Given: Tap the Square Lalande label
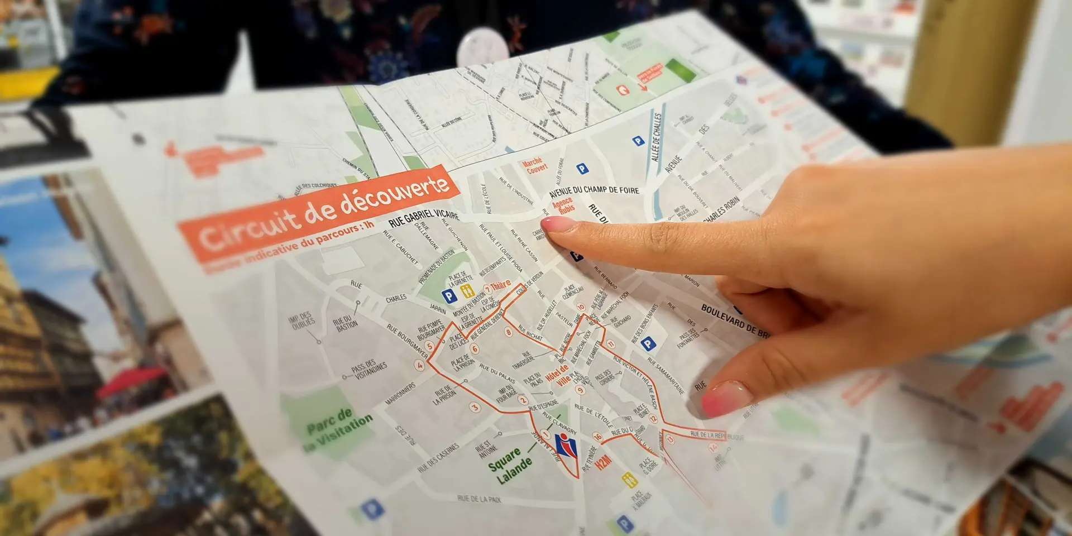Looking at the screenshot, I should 510,466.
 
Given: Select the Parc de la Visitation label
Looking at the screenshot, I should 337,429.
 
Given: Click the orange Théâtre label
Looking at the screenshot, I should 500,285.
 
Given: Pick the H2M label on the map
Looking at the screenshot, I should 603,462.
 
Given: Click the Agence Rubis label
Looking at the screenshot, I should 563,205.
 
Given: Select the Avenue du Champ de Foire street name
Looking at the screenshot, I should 594,190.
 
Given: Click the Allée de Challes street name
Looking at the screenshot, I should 656,137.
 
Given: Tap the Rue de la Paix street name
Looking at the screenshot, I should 479,499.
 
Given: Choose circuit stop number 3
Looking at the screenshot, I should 475,407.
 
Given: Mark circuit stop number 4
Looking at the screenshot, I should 419,365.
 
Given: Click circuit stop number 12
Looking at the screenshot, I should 653,419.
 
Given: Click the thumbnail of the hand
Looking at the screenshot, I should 726,397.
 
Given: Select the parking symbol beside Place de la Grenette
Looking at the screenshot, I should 449,295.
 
